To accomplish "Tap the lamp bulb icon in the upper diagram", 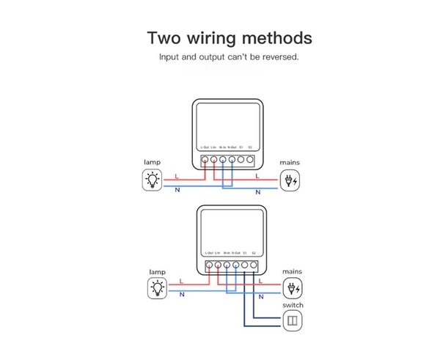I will pyautogui.click(x=152, y=179).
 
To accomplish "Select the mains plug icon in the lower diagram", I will pyautogui.click(x=291, y=288).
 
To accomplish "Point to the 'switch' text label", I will pyautogui.click(x=292, y=305).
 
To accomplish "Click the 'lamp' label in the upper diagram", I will pyautogui.click(x=153, y=162).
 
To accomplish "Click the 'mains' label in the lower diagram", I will pyautogui.click(x=292, y=271).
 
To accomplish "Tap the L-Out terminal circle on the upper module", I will pyautogui.click(x=205, y=158).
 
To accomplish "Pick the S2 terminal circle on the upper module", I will pyautogui.click(x=249, y=158).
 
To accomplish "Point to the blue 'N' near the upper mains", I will pyautogui.click(x=258, y=192).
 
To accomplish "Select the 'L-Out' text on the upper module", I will pyautogui.click(x=206, y=147).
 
